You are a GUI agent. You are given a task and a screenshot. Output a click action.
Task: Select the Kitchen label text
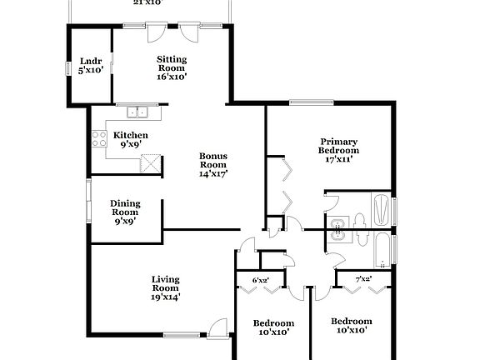[x=131, y=136]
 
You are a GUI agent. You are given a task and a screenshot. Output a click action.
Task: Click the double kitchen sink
[x=137, y=112]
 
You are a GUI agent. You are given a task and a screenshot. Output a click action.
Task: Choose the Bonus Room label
[x=213, y=164]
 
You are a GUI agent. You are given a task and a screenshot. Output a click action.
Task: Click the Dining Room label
[x=126, y=212]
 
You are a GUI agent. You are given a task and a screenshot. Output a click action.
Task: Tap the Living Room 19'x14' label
[x=166, y=288]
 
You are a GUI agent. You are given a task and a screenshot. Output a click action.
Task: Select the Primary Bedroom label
[x=339, y=145]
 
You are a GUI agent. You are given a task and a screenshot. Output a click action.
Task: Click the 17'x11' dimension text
[x=340, y=159]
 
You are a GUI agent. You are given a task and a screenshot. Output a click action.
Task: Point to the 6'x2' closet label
[x=261, y=280]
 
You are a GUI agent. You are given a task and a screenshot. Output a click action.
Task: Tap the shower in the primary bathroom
[x=381, y=209]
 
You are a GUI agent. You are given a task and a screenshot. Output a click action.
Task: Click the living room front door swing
[x=217, y=327]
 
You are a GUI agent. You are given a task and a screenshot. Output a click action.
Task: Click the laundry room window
[x=68, y=68]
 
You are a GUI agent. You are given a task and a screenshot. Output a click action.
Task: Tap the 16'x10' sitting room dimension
[x=172, y=76]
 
